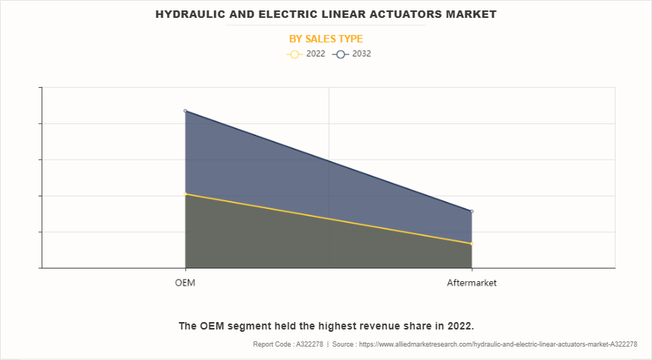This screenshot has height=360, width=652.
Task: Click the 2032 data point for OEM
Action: pyautogui.click(x=185, y=111)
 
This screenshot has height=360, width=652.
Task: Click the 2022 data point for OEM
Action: pyautogui.click(x=185, y=194)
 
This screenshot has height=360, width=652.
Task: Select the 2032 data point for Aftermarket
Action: pyautogui.click(x=471, y=211)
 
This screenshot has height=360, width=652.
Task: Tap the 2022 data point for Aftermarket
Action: pyautogui.click(x=471, y=243)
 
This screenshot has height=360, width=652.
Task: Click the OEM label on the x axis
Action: pyautogui.click(x=185, y=283)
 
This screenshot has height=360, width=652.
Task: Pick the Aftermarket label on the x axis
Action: pyautogui.click(x=471, y=283)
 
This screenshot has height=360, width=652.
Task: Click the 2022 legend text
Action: pyautogui.click(x=315, y=54)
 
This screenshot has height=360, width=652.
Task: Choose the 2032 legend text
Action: pyautogui.click(x=361, y=54)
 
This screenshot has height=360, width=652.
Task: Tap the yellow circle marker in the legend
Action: pyautogui.click(x=294, y=54)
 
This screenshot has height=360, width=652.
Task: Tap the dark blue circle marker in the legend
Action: pyautogui.click(x=340, y=54)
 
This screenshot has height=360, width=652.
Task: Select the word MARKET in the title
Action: pyautogui.click(x=470, y=14)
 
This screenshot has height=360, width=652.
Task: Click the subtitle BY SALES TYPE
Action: pyautogui.click(x=326, y=39)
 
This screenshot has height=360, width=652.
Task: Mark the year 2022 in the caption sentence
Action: pyautogui.click(x=458, y=326)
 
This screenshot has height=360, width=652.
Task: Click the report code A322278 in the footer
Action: pyautogui.click(x=307, y=344)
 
